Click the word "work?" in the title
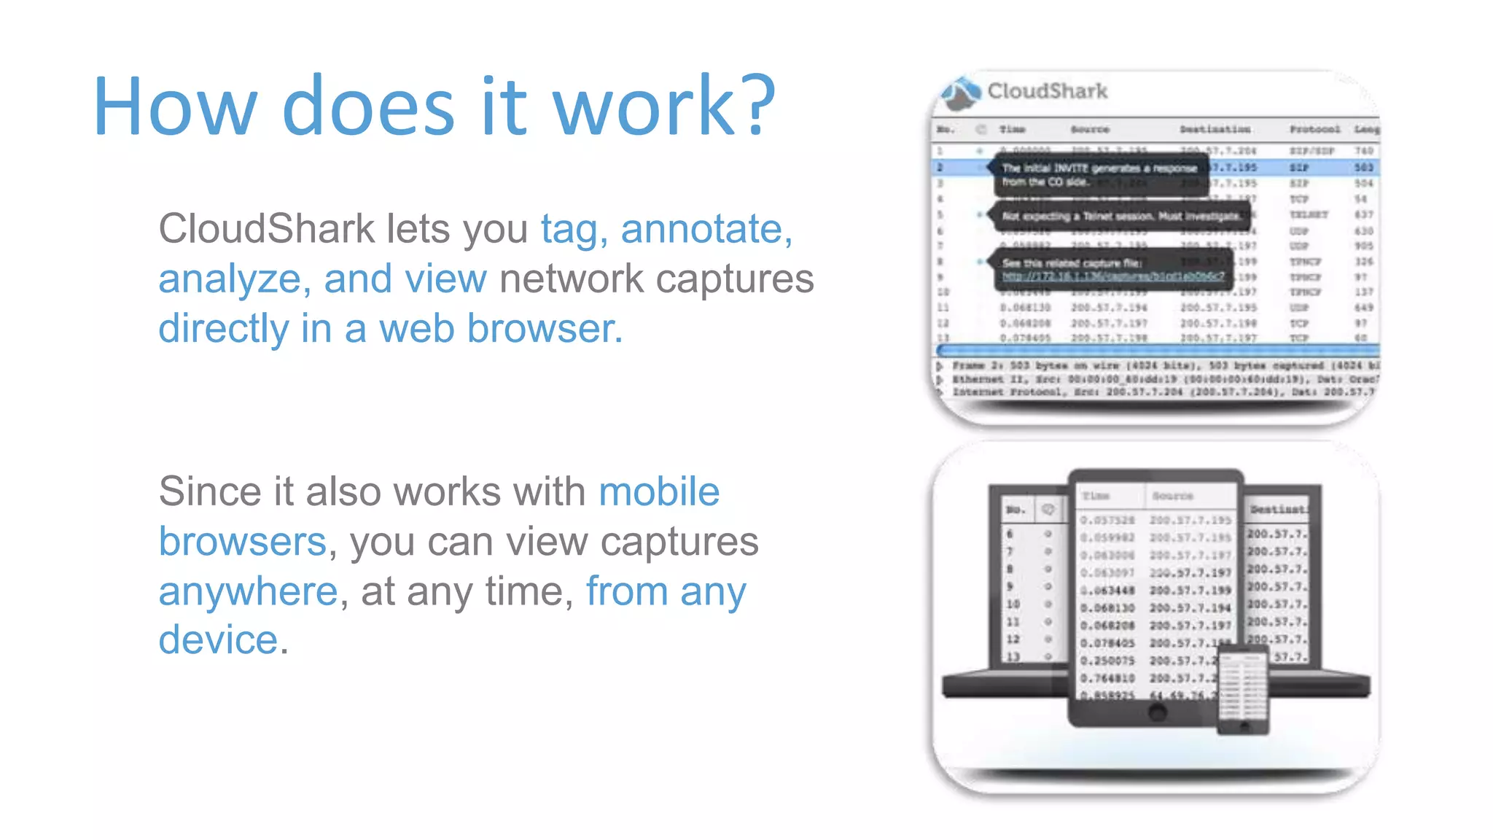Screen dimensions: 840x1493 (x=664, y=106)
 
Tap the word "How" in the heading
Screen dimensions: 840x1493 (x=175, y=106)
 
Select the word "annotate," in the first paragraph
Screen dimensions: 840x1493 (x=706, y=229)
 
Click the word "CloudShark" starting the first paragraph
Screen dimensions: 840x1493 (x=266, y=229)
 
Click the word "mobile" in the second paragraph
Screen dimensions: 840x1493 (x=659, y=491)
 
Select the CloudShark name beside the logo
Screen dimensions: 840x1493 (x=1047, y=91)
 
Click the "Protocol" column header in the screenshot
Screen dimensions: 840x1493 (x=1314, y=129)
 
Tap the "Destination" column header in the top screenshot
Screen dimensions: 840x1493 (x=1215, y=129)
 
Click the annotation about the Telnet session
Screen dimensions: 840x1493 (x=1120, y=217)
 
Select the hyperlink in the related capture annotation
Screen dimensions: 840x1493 (x=1112, y=276)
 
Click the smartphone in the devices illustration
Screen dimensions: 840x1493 (x=1244, y=689)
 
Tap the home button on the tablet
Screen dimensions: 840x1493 (x=1157, y=712)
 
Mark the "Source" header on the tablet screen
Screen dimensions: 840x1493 (x=1172, y=496)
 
